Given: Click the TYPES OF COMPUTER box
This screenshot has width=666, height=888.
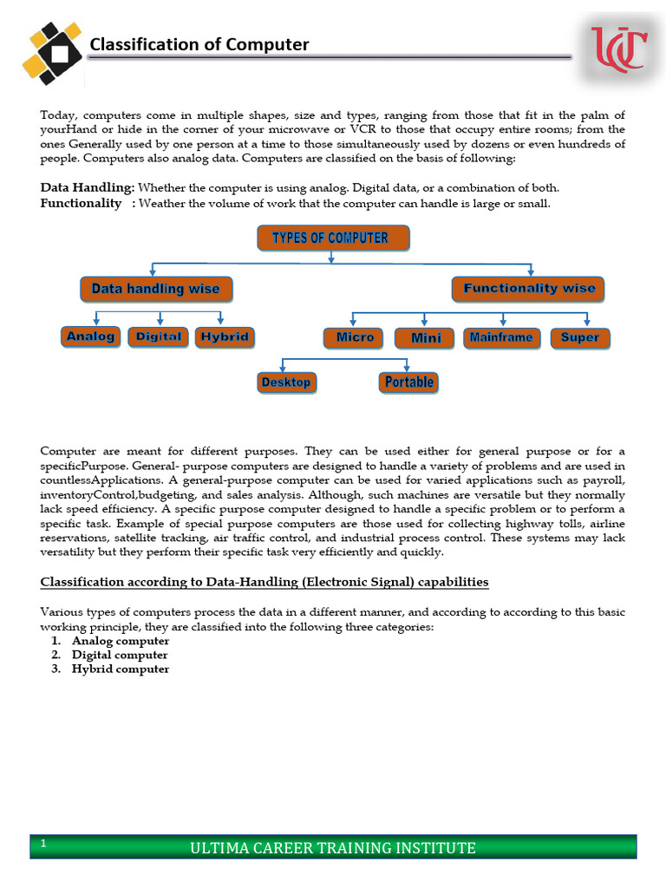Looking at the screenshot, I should point(334,238).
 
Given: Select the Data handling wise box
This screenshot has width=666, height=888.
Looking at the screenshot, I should point(155,289).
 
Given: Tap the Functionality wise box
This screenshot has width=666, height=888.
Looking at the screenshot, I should point(529,289).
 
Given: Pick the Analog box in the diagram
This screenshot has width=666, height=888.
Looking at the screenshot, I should point(90,336).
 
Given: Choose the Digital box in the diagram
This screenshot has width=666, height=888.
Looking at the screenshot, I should point(159,336).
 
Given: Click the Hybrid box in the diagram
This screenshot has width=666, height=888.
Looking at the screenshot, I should point(225,336).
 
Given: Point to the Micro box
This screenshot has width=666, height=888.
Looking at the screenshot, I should point(355,337).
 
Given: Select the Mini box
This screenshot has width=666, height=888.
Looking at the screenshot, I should point(426,338).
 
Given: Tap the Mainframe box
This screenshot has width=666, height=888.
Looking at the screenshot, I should point(501,337).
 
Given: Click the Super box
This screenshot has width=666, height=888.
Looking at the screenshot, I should point(580,337).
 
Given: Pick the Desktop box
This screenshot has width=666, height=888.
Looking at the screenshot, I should point(285,382).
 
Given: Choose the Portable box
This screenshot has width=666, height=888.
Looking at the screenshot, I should point(408,382).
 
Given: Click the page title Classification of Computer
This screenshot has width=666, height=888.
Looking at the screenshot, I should point(199,44).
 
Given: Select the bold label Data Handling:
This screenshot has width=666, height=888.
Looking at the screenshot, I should point(88,187).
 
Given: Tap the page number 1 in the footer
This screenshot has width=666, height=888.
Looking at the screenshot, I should point(42,842).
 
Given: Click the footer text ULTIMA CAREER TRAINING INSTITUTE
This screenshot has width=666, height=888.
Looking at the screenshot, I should point(333,847).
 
